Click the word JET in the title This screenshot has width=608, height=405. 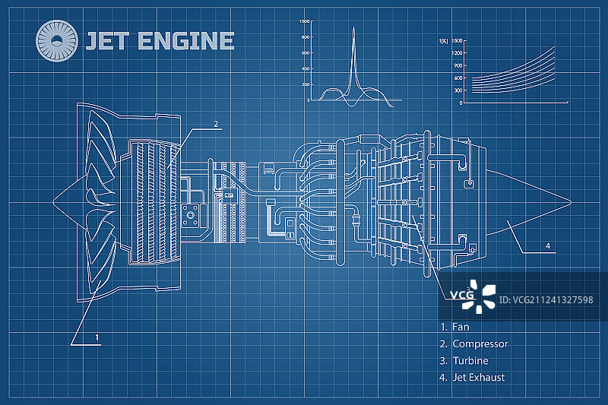click(106, 40)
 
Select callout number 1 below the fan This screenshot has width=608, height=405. click(97, 336)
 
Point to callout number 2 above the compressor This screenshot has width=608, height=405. click(216, 123)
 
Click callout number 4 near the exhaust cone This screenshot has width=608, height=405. click(547, 245)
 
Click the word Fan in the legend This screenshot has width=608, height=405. click(461, 327)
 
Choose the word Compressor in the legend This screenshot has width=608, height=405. click(480, 343)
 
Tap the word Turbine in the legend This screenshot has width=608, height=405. click(470, 361)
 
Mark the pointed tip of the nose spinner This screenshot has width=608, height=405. click(52, 202)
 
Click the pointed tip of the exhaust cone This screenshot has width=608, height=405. click(570, 201)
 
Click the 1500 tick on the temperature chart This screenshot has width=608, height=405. click(456, 40)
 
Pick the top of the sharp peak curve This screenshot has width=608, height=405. click(353, 27)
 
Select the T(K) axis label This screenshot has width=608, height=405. click(443, 40)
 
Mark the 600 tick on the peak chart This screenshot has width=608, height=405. click(306, 53)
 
